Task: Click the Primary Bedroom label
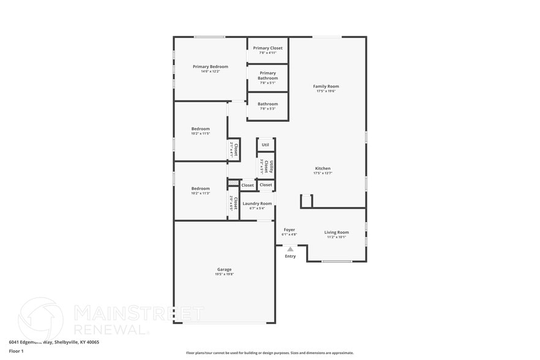click(210, 66)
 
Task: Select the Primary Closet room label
click(268, 48)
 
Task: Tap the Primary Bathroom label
click(268, 75)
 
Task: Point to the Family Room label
click(326, 86)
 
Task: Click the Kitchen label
click(323, 168)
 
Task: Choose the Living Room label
click(336, 232)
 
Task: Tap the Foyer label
click(290, 230)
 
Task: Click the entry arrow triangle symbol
click(290, 249)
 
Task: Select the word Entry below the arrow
click(290, 256)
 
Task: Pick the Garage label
click(224, 269)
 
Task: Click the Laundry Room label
click(257, 203)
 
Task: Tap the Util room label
click(265, 145)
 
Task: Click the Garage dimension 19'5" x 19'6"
click(224, 274)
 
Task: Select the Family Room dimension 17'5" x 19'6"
click(326, 91)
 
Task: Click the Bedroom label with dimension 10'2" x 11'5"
click(200, 129)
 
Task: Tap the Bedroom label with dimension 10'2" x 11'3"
click(200, 189)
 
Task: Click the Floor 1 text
click(16, 351)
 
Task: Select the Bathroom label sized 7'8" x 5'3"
click(268, 104)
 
